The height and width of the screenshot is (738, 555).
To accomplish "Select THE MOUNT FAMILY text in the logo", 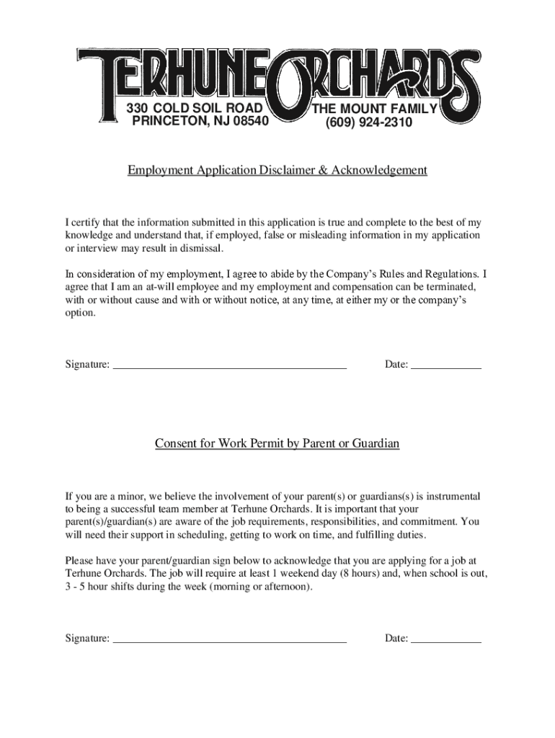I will (373, 110).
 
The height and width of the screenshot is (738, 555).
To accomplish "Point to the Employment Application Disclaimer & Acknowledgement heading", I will (277, 170).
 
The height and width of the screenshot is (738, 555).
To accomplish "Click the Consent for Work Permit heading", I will (277, 443).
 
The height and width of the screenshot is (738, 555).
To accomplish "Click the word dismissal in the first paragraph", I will (201, 249).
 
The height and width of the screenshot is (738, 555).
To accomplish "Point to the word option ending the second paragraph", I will (79, 314).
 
